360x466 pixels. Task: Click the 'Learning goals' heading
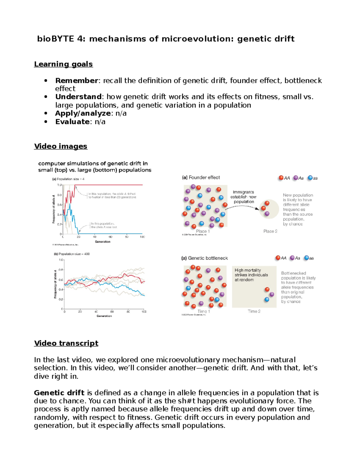point(63,64)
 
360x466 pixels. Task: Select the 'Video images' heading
point(61,146)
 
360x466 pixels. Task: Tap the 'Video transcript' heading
point(66,343)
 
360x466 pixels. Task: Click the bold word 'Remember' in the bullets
point(76,81)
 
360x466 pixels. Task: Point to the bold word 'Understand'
point(78,97)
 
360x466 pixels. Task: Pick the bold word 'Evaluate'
point(72,122)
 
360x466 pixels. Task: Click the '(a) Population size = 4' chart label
point(68,179)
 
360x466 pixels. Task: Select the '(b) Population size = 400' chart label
point(72,254)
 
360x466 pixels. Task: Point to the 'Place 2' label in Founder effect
point(270,231)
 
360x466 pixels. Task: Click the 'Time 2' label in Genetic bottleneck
point(254,311)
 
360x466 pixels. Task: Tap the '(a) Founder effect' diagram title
point(201,178)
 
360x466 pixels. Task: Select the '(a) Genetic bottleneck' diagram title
point(205,258)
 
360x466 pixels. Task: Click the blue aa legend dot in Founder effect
point(310,178)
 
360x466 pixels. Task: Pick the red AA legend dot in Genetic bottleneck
point(278,258)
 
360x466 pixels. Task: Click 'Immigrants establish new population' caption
point(244,197)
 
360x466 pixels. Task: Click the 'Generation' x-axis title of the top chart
point(103,242)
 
